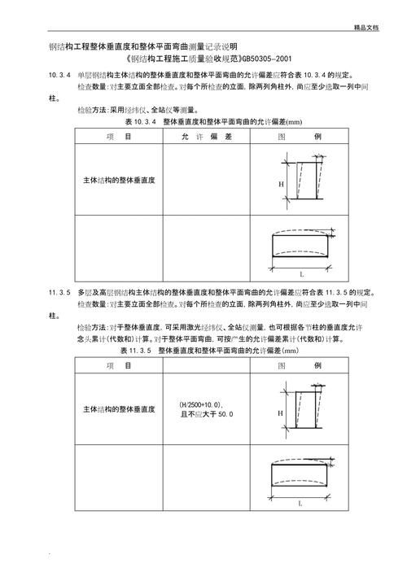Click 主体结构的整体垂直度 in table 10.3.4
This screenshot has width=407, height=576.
[x=120, y=179]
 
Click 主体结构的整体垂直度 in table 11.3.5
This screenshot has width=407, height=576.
[x=120, y=409]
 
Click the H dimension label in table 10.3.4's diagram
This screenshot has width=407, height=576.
[x=282, y=185]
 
